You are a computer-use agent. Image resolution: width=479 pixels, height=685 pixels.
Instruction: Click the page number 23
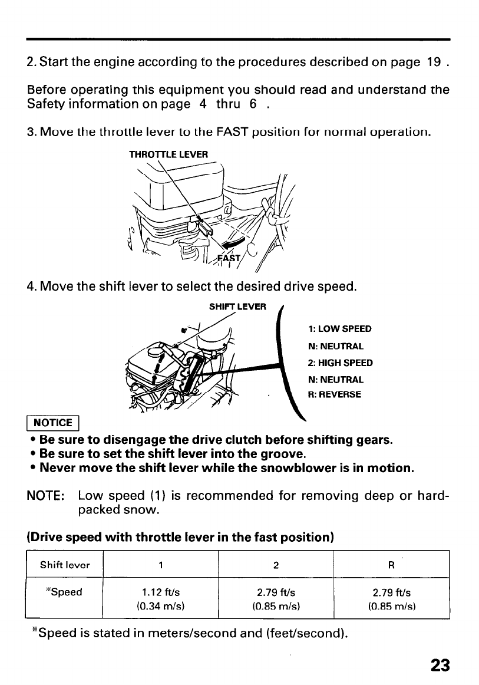[440, 665]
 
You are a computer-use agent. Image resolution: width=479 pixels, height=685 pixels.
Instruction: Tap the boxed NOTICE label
[53, 423]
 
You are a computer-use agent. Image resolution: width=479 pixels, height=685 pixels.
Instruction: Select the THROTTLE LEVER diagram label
[169, 155]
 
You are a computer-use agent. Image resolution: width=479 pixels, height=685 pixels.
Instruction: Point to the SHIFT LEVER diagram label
[238, 306]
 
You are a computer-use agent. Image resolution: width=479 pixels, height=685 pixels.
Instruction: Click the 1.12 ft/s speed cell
[161, 592]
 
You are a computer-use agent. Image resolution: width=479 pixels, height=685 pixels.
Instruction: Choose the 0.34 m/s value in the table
[161, 605]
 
